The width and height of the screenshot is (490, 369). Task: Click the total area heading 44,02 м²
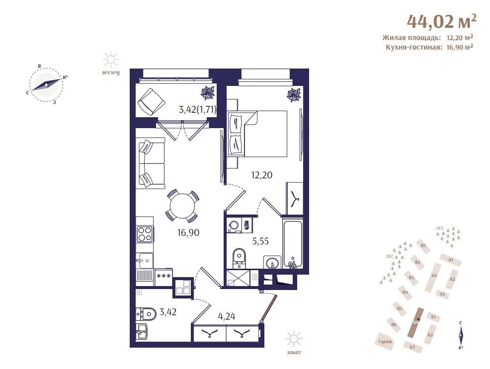(442, 21)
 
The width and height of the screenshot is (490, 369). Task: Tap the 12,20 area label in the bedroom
(261, 175)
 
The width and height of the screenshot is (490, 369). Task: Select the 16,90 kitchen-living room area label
(188, 232)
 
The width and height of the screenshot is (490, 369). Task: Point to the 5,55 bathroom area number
(260, 241)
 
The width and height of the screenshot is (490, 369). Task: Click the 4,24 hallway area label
(227, 316)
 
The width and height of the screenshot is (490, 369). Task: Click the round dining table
(182, 206)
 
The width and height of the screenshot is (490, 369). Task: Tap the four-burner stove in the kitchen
(145, 234)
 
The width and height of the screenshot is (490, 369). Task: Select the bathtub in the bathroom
(293, 243)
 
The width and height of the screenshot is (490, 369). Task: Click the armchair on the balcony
(151, 101)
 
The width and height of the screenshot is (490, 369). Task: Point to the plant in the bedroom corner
(294, 95)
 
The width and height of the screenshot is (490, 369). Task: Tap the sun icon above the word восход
(111, 59)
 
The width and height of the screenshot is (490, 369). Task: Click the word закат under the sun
(294, 353)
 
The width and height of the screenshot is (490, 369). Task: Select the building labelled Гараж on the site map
(385, 341)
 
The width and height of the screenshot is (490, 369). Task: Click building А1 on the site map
(450, 260)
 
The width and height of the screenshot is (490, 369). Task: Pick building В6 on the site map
(394, 325)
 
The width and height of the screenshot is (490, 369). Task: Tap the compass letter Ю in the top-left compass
(65, 77)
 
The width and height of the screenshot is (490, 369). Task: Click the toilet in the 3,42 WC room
(146, 313)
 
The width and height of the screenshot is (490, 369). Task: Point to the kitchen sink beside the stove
(145, 260)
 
